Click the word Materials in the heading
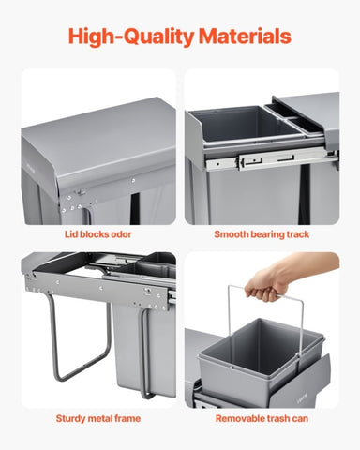click(x=245, y=37)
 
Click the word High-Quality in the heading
click(x=131, y=37)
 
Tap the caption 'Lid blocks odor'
click(x=98, y=234)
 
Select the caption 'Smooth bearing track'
click(x=262, y=234)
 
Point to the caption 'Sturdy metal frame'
click(x=98, y=418)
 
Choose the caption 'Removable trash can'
click(x=262, y=418)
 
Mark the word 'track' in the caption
click(x=297, y=234)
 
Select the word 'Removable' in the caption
click(x=236, y=418)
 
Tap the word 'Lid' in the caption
click(x=71, y=234)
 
